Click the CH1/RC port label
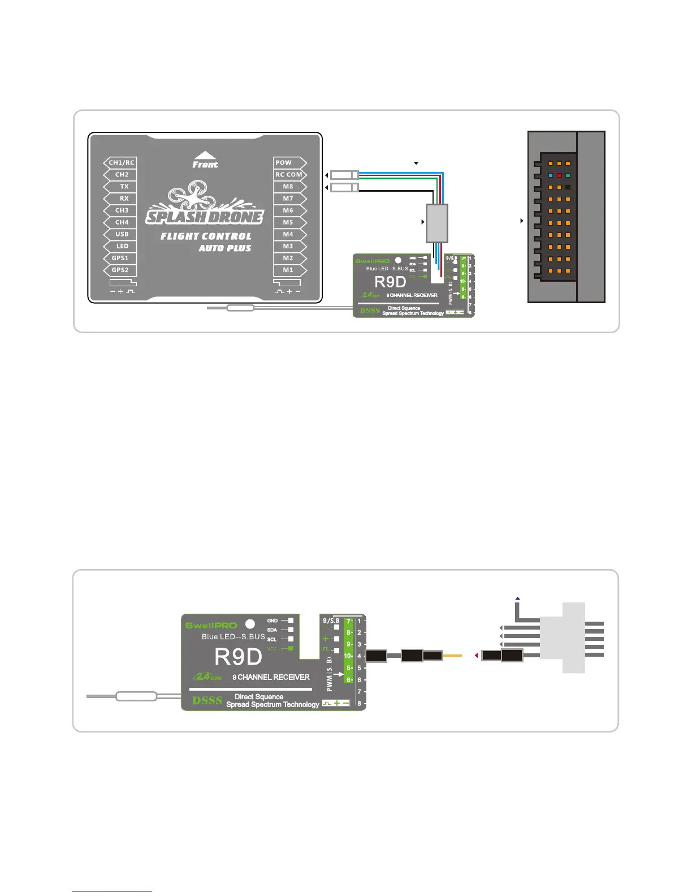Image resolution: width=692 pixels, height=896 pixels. click(121, 163)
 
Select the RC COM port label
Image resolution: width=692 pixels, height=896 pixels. click(289, 175)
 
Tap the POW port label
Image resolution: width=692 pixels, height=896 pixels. click(284, 163)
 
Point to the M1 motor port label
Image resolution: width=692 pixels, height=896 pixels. click(288, 270)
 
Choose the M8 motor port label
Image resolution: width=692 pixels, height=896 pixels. click(288, 187)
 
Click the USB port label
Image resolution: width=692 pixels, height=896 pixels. click(122, 234)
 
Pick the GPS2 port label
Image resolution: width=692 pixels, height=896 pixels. click(120, 270)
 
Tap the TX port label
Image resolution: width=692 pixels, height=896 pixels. click(124, 187)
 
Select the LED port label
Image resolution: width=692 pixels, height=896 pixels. click(123, 247)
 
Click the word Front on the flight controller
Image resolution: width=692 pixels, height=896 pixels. click(205, 165)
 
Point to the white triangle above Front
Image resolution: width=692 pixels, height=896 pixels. click(205, 154)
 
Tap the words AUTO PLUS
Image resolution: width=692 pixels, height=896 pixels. click(225, 248)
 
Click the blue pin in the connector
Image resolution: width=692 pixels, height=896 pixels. click(551, 175)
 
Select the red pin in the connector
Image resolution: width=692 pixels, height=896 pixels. click(559, 175)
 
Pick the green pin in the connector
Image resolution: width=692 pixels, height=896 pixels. click(568, 175)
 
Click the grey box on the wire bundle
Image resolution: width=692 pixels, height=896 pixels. click(437, 223)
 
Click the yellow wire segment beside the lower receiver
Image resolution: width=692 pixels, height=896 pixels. click(452, 656)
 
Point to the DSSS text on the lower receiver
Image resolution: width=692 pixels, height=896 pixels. click(207, 700)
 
